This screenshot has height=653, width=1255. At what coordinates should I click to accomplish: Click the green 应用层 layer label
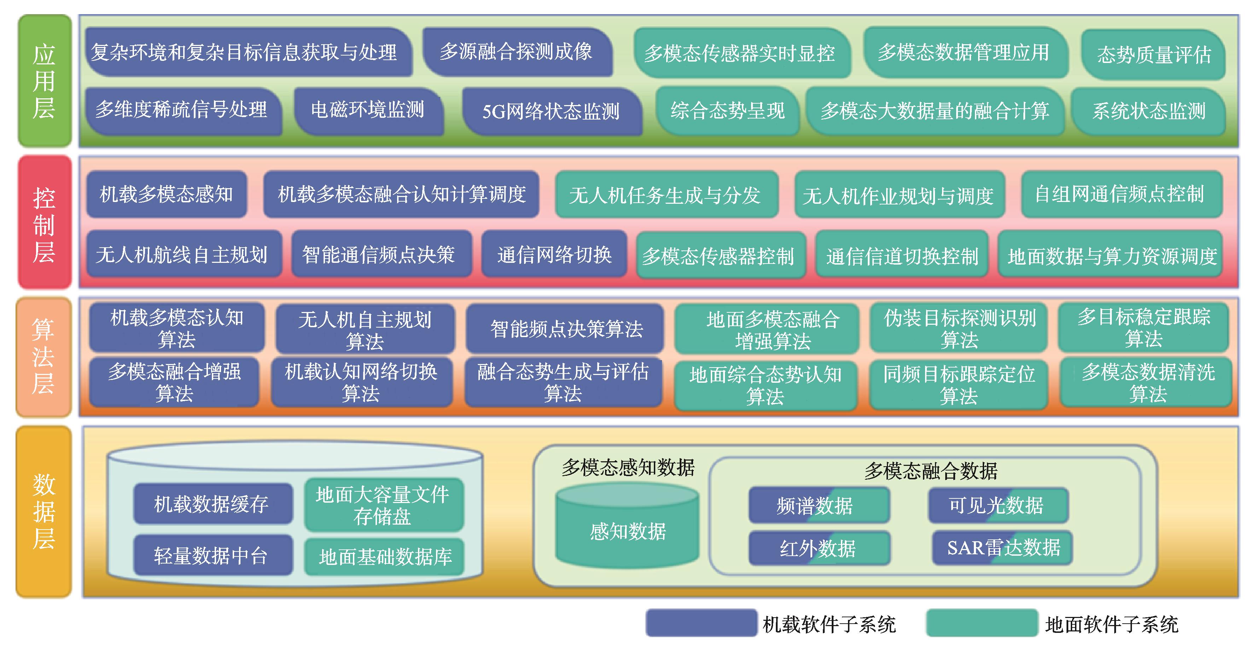coord(44,81)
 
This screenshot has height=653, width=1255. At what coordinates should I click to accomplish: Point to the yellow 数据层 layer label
coord(43,512)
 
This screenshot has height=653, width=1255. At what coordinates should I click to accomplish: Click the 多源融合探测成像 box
coord(516,52)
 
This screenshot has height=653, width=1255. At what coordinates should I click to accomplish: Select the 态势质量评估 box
coord(1153,54)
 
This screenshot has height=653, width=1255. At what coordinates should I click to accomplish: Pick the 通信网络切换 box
coord(554,254)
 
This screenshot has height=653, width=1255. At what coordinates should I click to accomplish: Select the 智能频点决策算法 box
coord(565,329)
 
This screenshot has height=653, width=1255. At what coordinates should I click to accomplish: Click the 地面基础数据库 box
coord(385,556)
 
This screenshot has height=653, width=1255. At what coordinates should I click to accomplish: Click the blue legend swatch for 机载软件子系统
coord(702,623)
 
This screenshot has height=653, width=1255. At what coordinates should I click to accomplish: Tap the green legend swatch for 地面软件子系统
coord(982,623)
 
